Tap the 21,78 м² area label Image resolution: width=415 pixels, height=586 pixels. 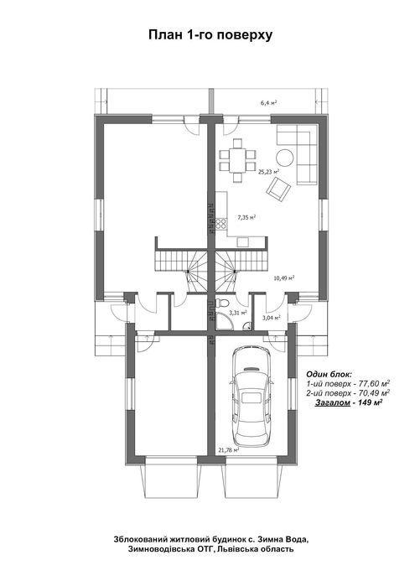(228, 450)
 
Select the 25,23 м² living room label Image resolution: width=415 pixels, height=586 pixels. (269, 172)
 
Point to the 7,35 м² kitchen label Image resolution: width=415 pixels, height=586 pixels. (246, 217)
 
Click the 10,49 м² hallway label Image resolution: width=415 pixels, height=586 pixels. (284, 277)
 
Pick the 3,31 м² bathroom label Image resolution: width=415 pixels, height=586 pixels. (238, 313)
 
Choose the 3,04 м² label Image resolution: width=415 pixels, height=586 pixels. (272, 318)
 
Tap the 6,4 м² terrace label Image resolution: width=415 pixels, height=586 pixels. (268, 102)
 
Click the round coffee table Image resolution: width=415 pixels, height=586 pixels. (285, 158)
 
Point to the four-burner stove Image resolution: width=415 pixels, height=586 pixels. (221, 224)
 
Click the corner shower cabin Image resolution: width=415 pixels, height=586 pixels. (224, 322)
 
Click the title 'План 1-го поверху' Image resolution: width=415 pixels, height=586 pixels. (210, 34)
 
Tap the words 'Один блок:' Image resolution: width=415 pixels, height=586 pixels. (329, 374)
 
